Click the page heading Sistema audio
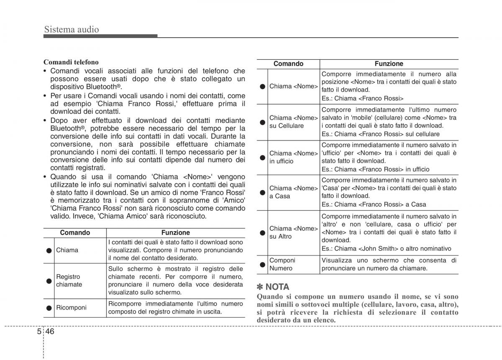click(72, 29)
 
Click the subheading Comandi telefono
click(71, 62)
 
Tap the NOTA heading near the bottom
click(277, 287)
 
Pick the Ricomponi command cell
click(71, 308)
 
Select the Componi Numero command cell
click(282, 264)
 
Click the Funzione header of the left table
click(176, 233)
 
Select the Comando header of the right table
click(288, 64)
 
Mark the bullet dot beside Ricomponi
click(49, 308)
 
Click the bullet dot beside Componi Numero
click(262, 265)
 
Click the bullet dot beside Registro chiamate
click(49, 281)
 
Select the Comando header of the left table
click(75, 233)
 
